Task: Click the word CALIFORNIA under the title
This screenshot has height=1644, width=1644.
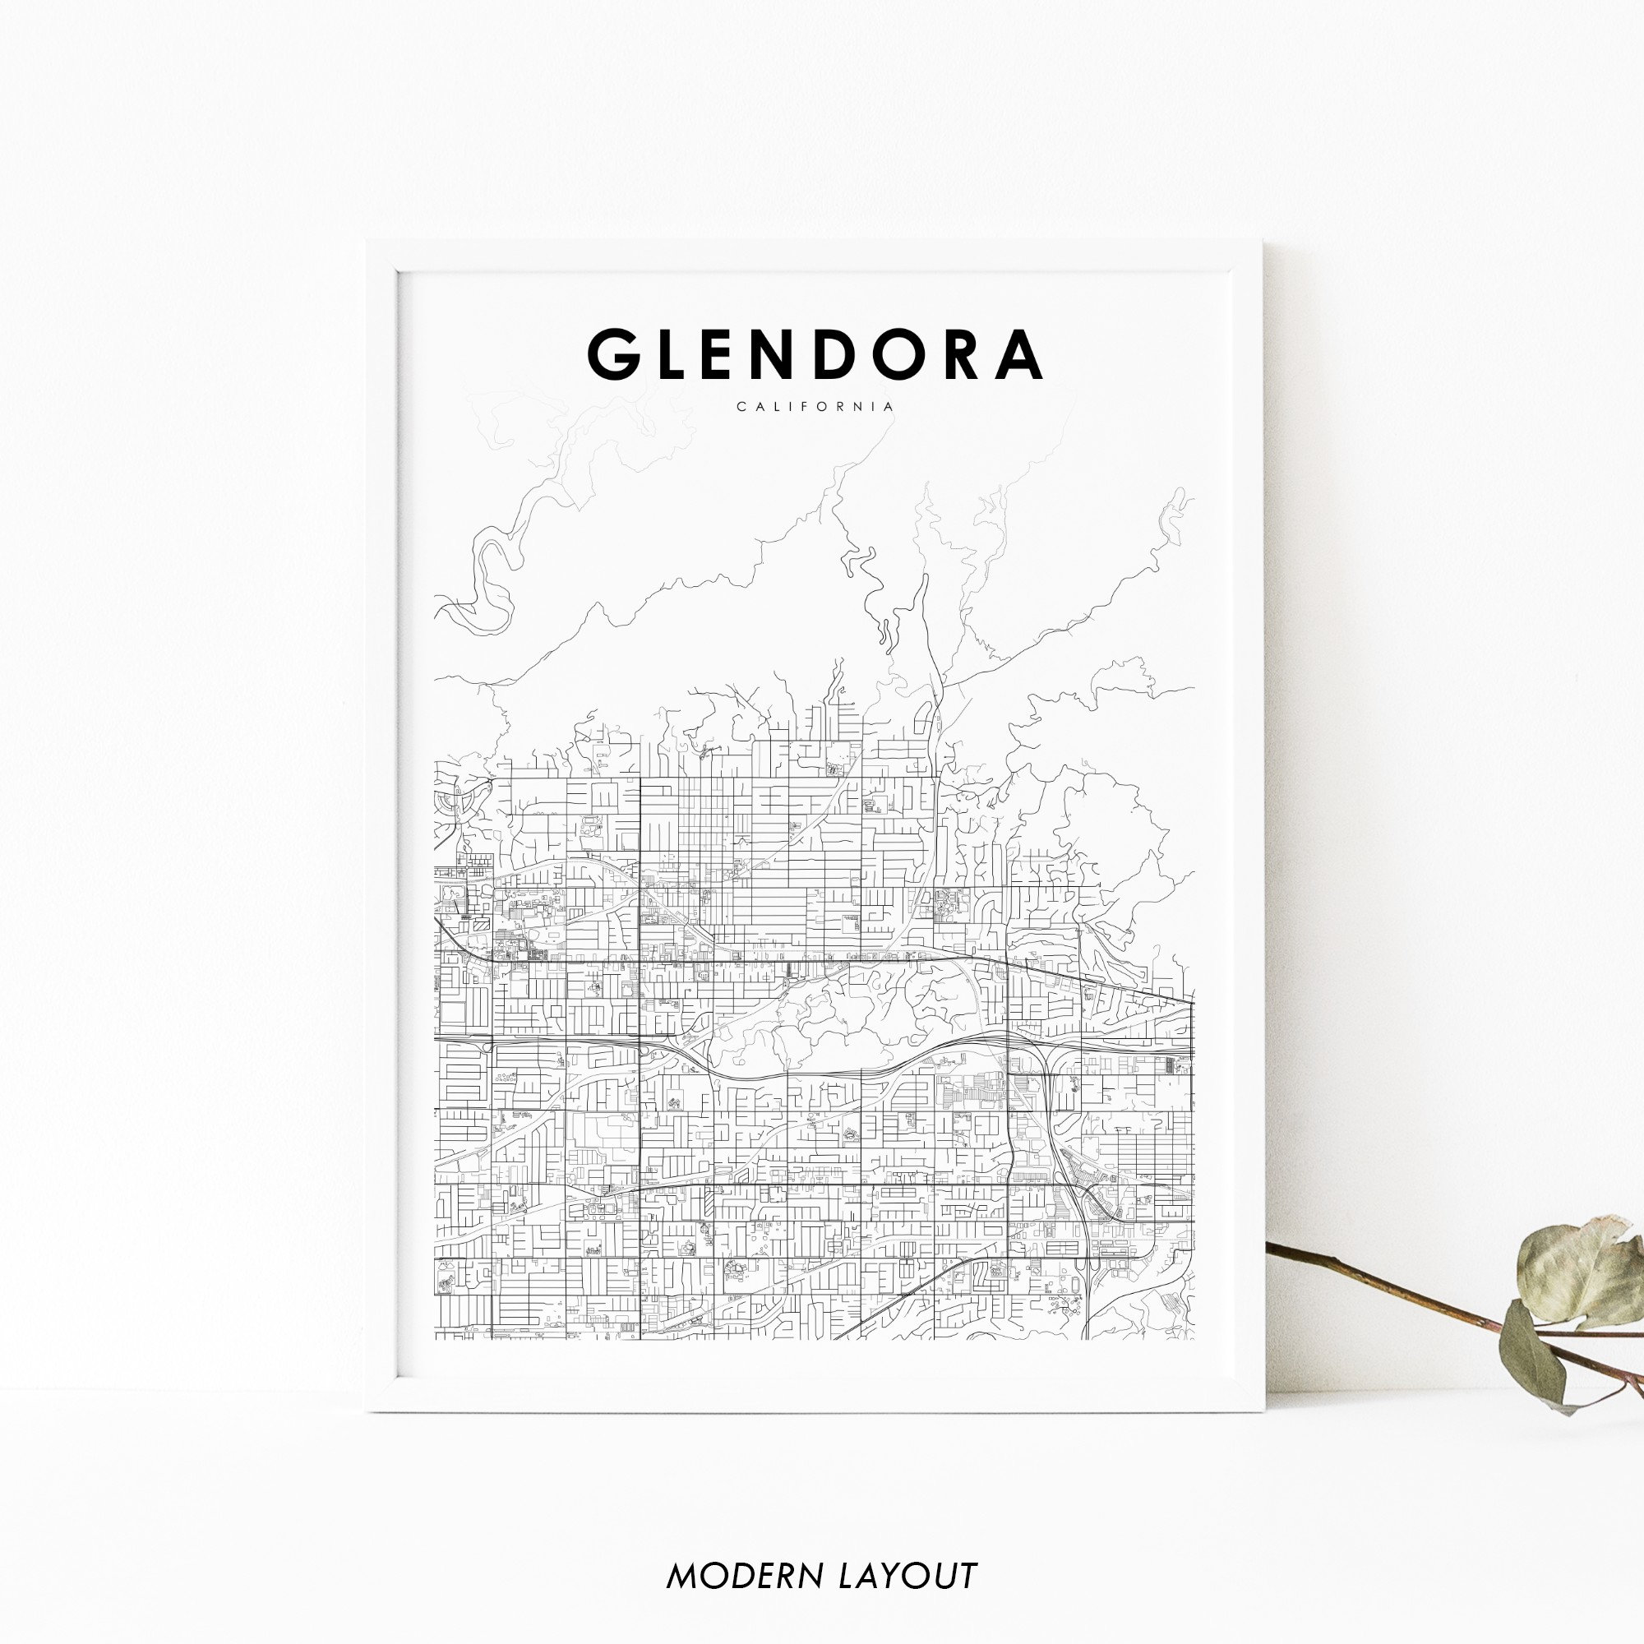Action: [x=815, y=407]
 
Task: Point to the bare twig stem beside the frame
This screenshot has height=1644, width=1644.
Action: [x=1378, y=1292]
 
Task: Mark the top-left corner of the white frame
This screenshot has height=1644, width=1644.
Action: [x=368, y=242]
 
